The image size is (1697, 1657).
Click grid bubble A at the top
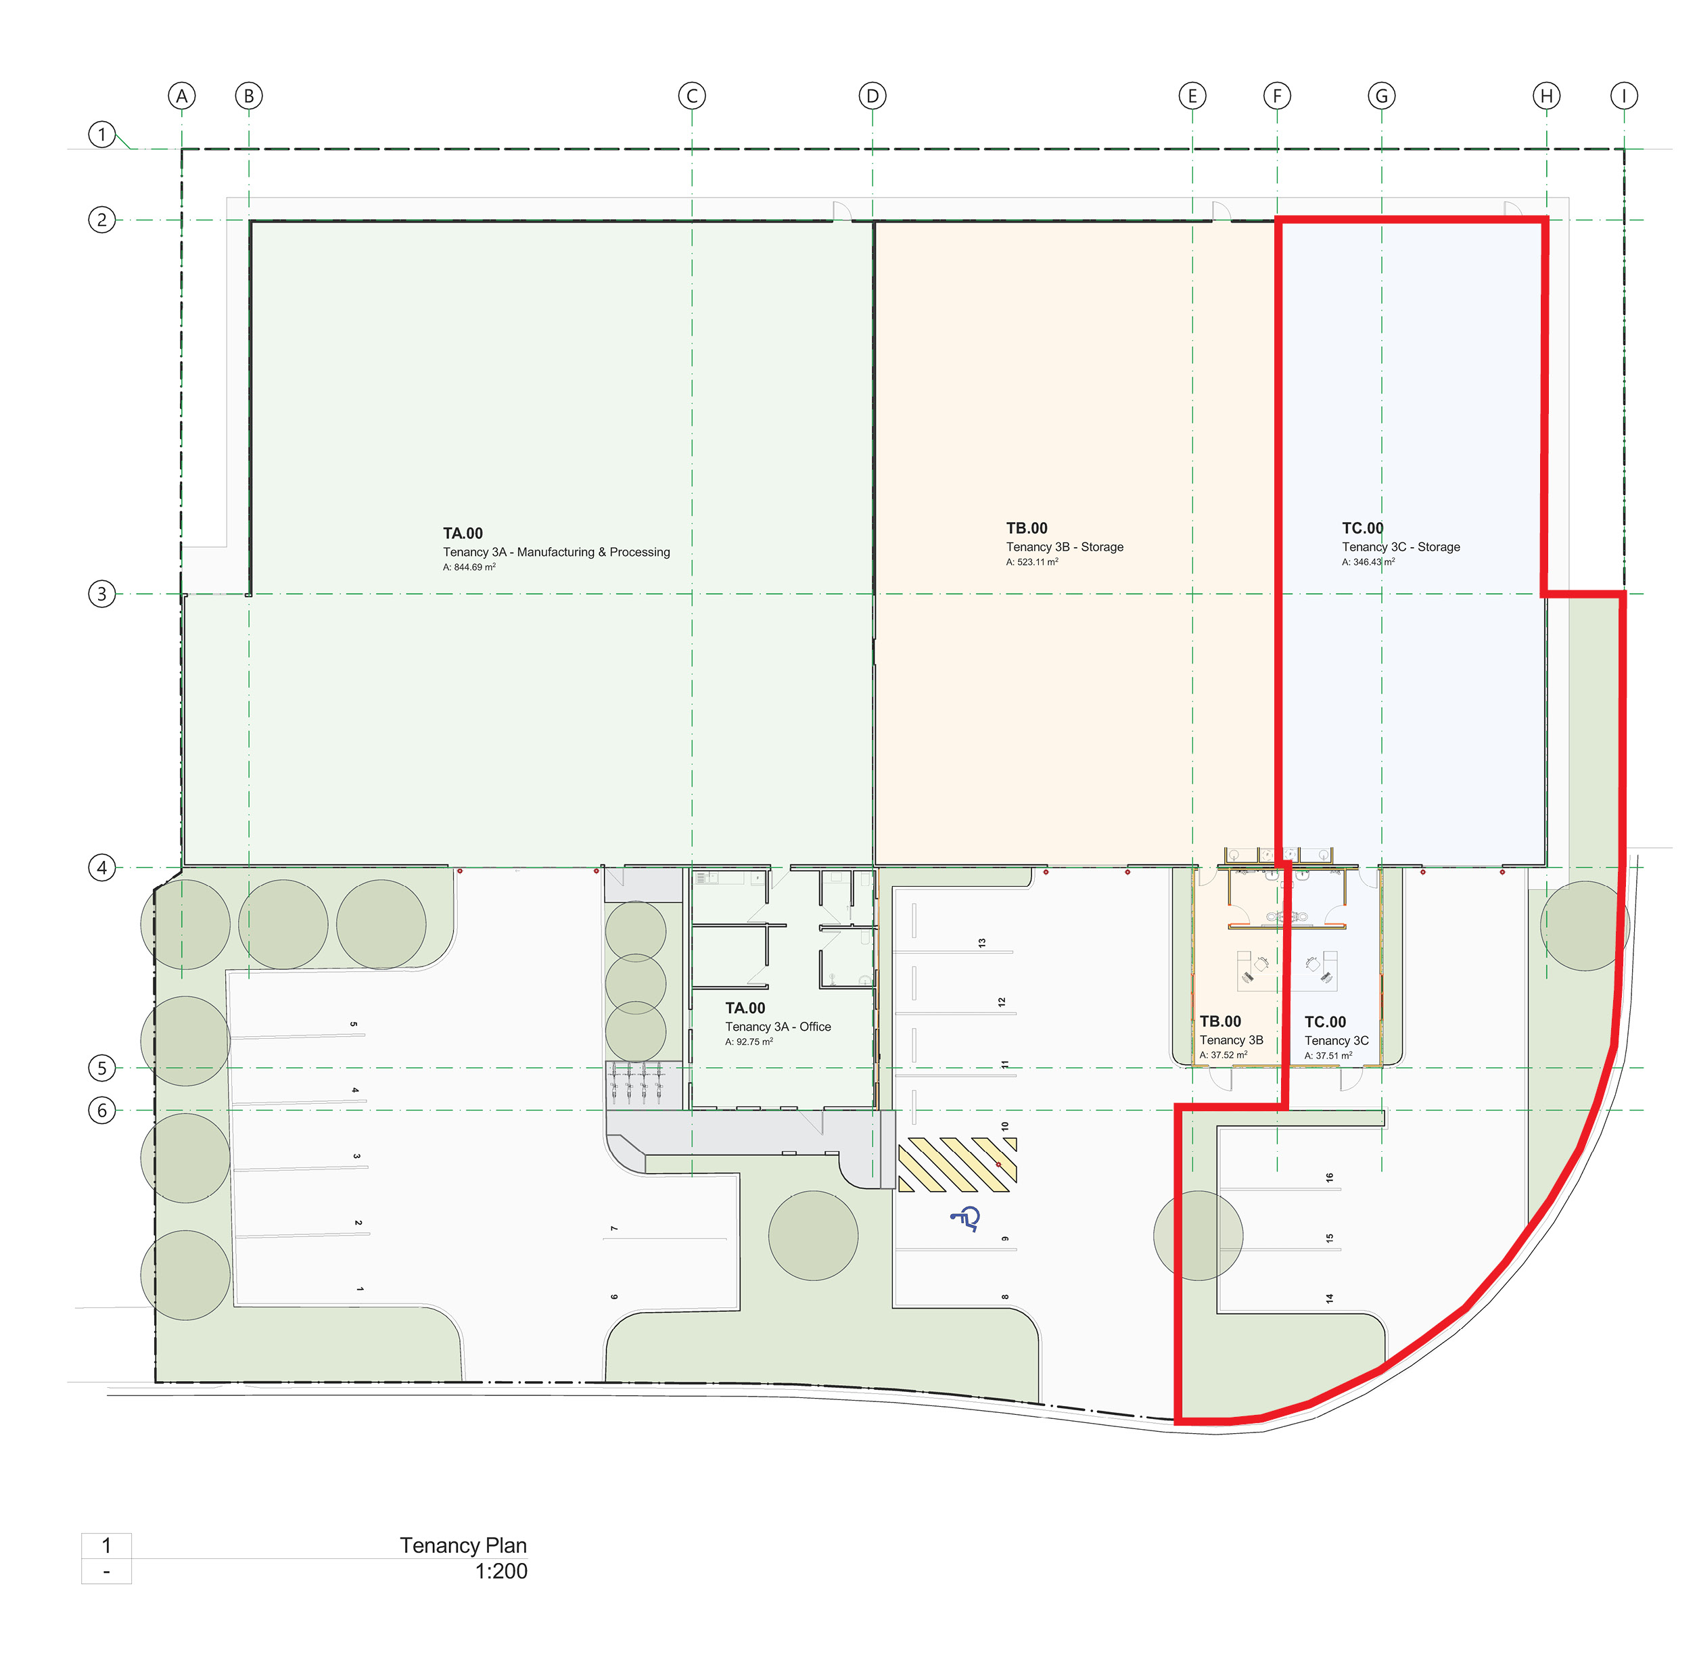[182, 96]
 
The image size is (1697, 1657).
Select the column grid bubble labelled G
[1381, 96]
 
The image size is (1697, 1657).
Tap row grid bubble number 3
[102, 594]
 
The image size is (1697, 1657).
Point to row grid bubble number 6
[102, 1111]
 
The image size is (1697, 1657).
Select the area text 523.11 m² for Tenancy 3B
[1032, 562]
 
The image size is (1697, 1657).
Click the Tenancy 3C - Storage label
[1401, 546]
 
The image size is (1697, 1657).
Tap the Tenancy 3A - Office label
[778, 1027]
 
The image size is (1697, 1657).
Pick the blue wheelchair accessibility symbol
[966, 1219]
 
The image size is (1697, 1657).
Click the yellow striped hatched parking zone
[957, 1165]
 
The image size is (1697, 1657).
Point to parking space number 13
[981, 943]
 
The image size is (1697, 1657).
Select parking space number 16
[1330, 1177]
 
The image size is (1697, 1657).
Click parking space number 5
[353, 1025]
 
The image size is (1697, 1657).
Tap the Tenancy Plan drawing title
[463, 1545]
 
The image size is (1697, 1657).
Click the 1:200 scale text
[501, 1571]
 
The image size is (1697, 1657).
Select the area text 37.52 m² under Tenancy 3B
[1223, 1055]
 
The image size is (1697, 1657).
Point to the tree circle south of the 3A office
[813, 1236]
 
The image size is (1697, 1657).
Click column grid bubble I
[1623, 96]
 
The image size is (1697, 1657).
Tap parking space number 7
[613, 1228]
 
